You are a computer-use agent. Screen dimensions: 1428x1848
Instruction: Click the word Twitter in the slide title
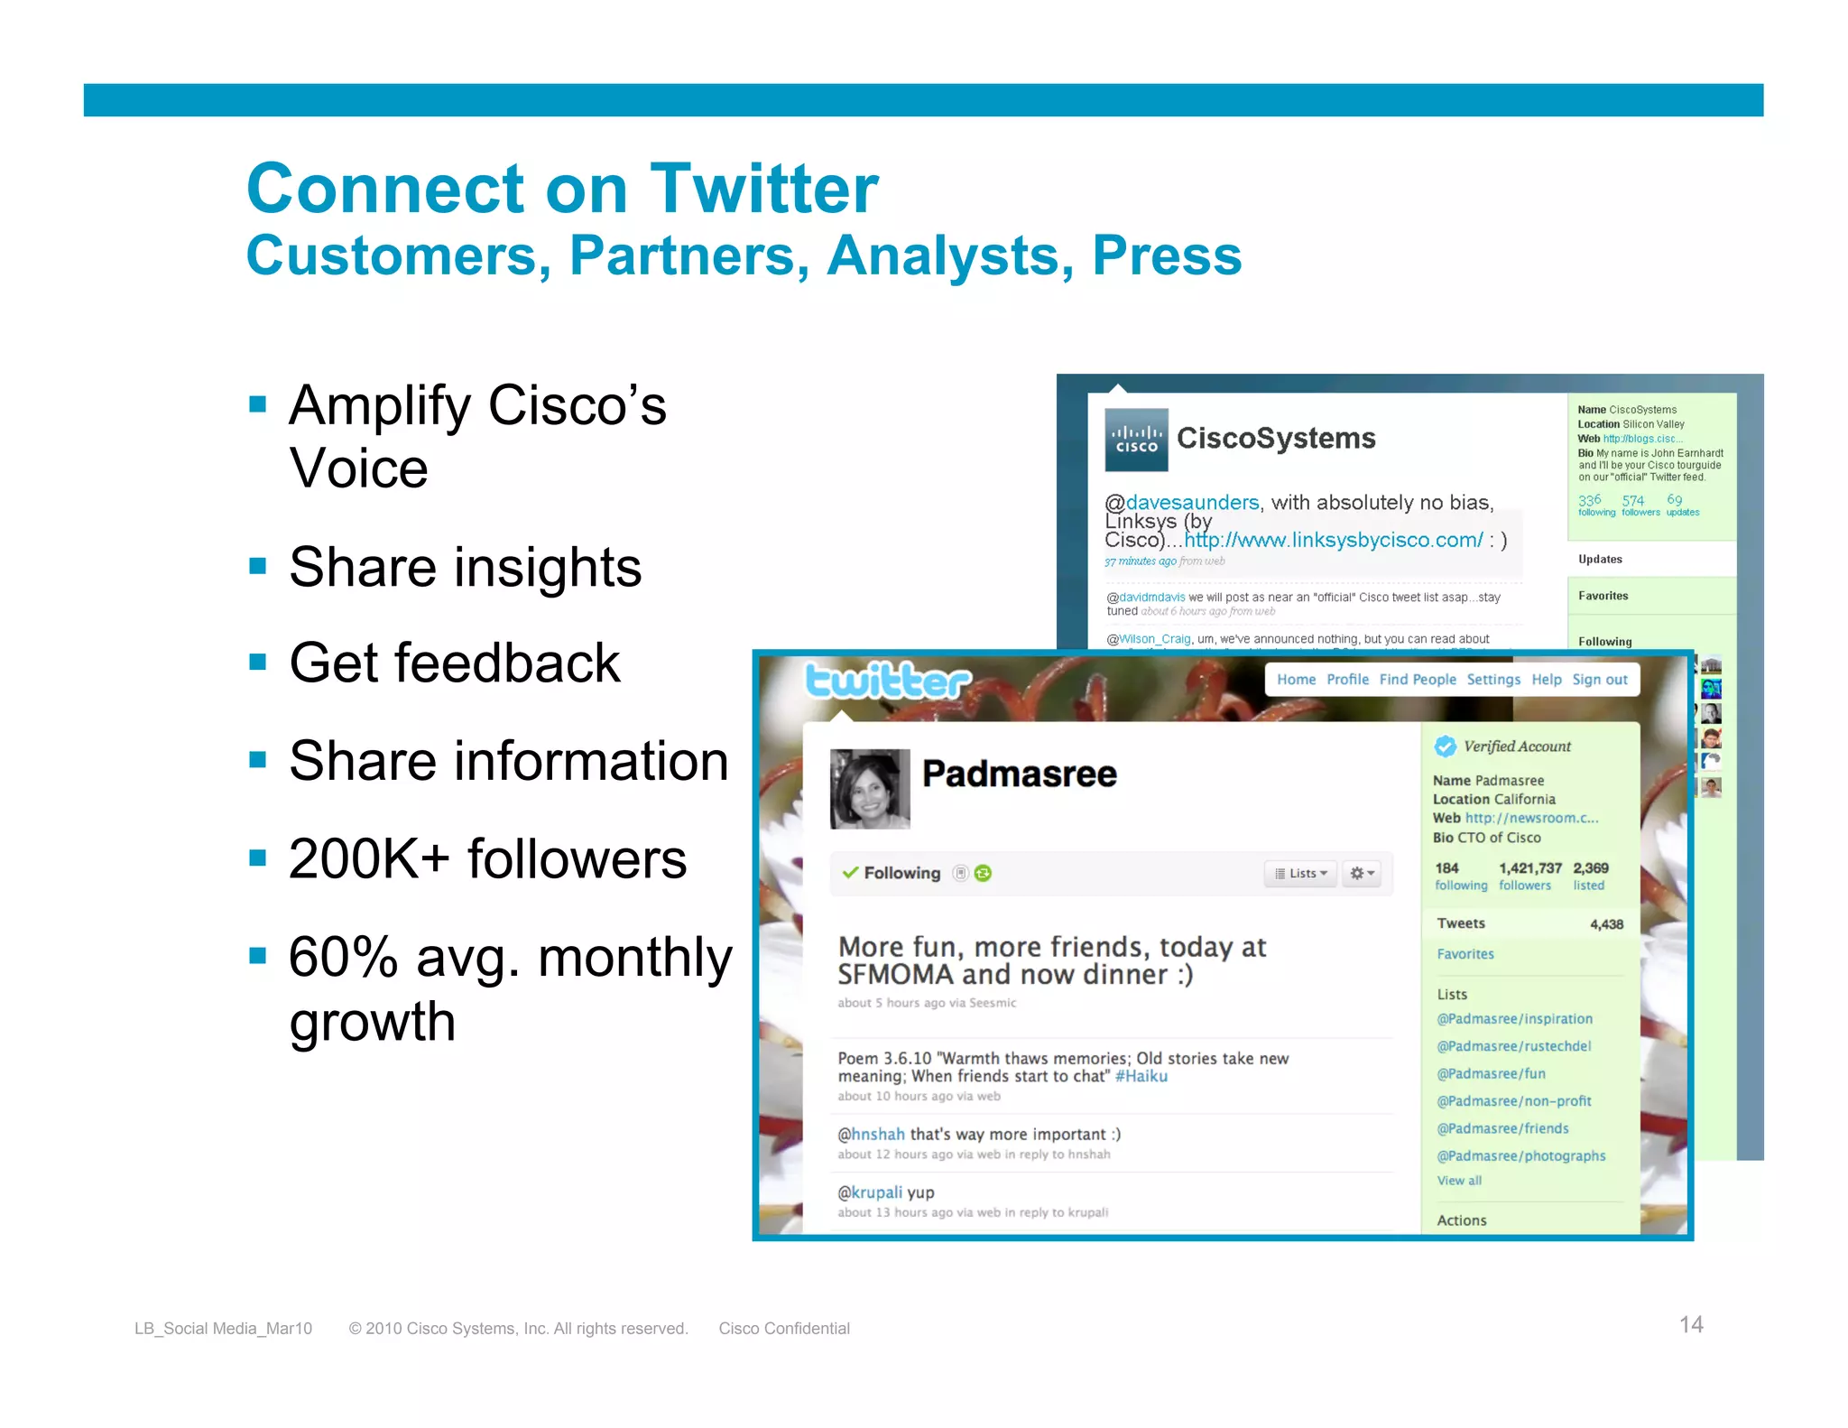tap(763, 189)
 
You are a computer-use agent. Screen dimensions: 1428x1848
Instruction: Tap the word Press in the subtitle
tap(1166, 255)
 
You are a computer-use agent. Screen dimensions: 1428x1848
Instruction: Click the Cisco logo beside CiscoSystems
tap(1135, 440)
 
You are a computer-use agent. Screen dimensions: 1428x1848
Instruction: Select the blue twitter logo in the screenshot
tap(887, 682)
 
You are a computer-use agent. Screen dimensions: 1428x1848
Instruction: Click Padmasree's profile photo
tap(869, 788)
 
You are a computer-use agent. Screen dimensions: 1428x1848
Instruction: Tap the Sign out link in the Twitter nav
tap(1599, 680)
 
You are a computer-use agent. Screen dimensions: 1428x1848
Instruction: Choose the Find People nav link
tap(1417, 680)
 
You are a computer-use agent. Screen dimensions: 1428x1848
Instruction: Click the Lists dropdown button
tap(1300, 873)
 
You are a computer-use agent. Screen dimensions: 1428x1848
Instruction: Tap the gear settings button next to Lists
tap(1361, 873)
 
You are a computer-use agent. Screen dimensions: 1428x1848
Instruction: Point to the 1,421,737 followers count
tap(1529, 867)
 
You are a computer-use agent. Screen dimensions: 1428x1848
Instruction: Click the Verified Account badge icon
tap(1445, 746)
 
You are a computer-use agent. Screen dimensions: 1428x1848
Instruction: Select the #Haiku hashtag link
tap(1141, 1076)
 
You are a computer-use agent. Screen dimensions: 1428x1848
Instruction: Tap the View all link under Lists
tap(1458, 1181)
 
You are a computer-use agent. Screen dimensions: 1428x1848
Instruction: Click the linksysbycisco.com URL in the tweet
tap(1333, 540)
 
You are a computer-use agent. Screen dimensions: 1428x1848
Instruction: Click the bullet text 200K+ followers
tap(487, 858)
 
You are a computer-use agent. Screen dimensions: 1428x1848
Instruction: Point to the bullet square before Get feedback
tap(258, 662)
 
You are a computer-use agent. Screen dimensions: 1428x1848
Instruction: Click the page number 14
tap(1690, 1324)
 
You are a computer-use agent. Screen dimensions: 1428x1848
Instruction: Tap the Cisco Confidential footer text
tap(783, 1328)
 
